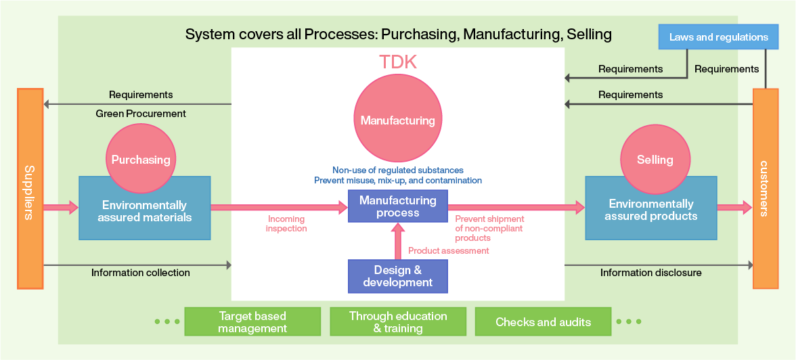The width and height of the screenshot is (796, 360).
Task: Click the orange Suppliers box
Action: click(x=30, y=189)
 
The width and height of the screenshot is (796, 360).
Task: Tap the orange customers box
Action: click(x=765, y=189)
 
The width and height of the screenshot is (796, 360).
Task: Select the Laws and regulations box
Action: click(x=718, y=37)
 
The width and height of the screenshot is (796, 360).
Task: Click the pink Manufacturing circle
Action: click(x=397, y=120)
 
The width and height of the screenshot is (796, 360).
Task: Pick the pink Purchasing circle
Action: click(x=141, y=160)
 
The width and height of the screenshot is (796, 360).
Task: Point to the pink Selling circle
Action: click(x=655, y=160)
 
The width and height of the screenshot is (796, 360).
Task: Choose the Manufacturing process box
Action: click(x=397, y=206)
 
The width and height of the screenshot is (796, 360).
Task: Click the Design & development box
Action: click(x=397, y=276)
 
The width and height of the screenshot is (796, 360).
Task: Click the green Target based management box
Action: click(x=252, y=322)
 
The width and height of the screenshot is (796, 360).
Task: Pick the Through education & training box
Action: click(x=398, y=322)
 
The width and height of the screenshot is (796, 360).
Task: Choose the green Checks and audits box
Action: click(x=543, y=322)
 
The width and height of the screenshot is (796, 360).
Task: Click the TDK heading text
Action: click(x=397, y=62)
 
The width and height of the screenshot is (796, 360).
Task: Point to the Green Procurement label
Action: click(x=141, y=114)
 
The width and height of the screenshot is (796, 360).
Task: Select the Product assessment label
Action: click(x=448, y=251)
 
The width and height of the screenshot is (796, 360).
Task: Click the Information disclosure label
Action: click(x=650, y=273)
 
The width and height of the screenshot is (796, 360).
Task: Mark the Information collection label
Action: click(x=141, y=273)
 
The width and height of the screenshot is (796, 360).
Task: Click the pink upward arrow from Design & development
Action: click(x=398, y=242)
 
